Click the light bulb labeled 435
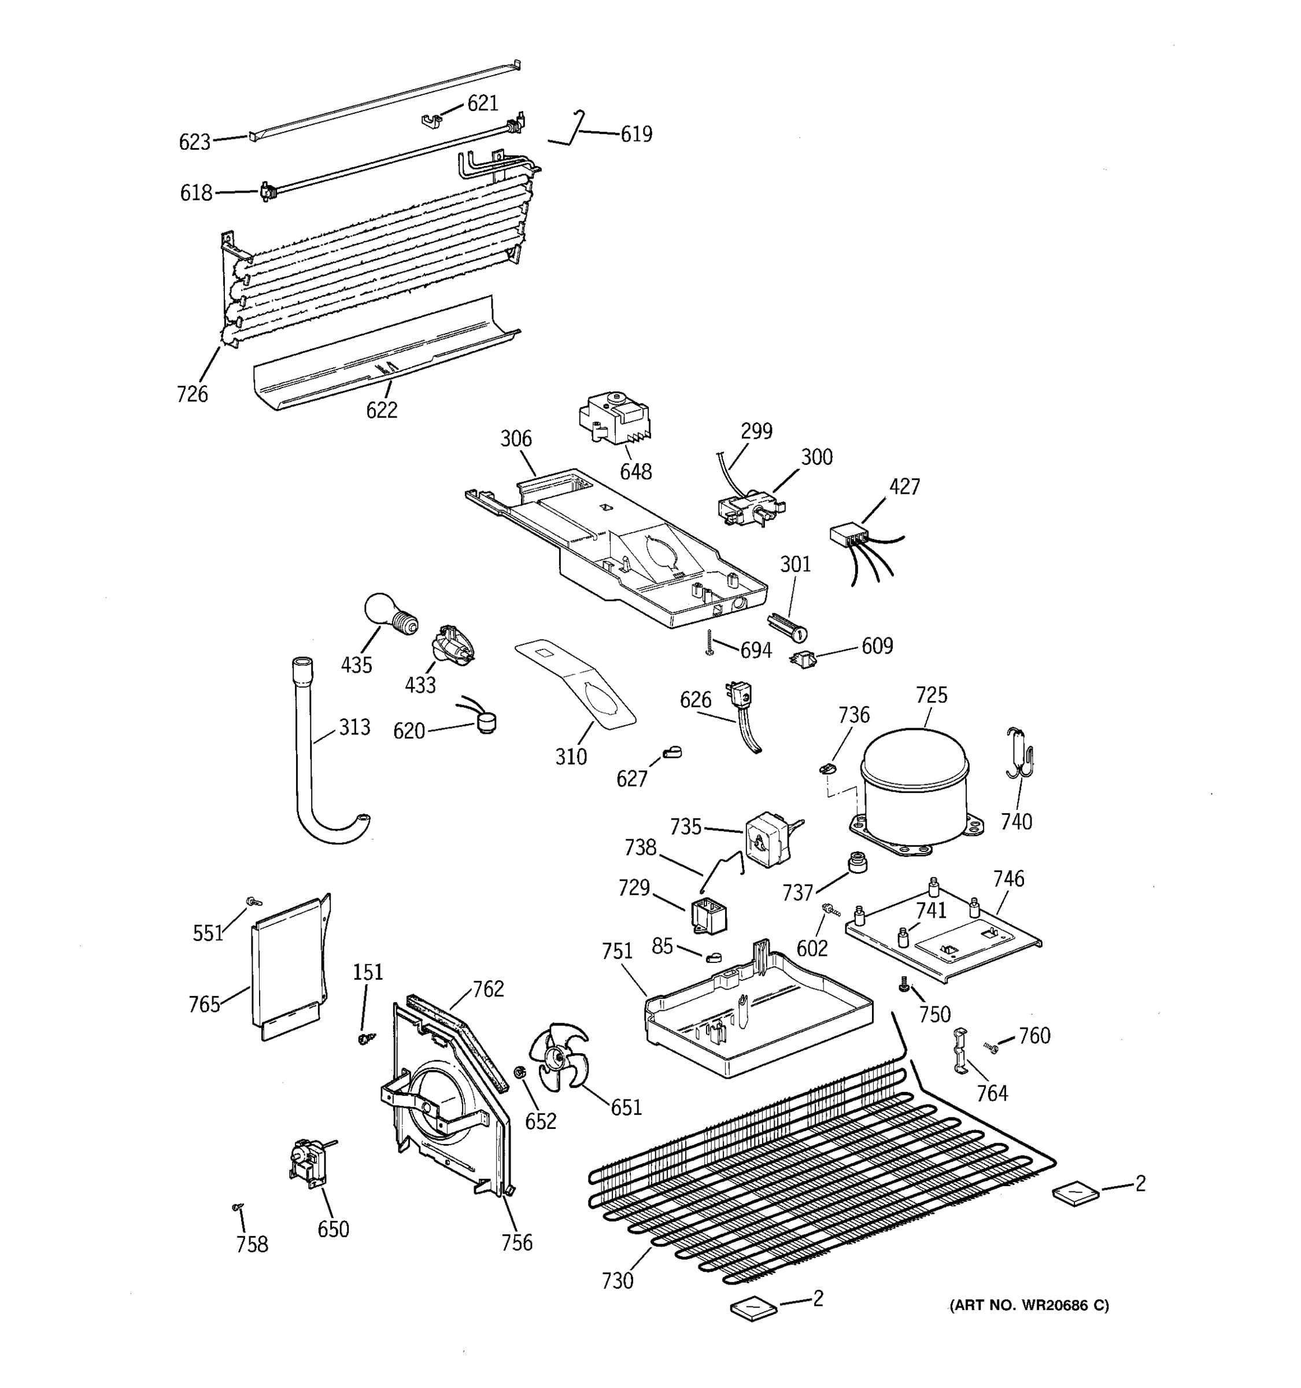click(390, 614)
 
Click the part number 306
click(516, 438)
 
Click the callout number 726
click(192, 394)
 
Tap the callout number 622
click(382, 410)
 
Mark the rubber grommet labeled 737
click(856, 863)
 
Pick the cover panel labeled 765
click(287, 970)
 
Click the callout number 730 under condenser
click(618, 1280)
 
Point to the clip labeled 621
click(432, 121)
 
